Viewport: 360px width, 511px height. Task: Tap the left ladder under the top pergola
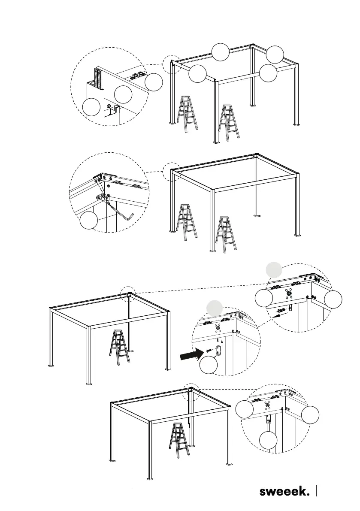coord(188,114)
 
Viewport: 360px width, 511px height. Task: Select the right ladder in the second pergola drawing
coord(226,234)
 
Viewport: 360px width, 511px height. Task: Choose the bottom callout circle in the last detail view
coord(269,441)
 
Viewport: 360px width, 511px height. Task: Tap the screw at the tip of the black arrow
coord(209,351)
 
